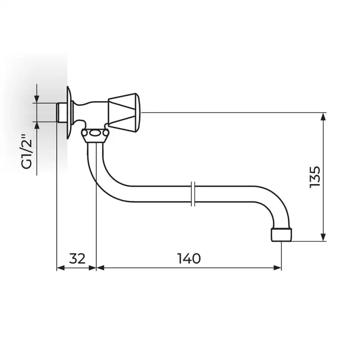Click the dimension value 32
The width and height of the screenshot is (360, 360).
click(x=77, y=258)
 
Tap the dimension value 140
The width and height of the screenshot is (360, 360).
click(x=189, y=258)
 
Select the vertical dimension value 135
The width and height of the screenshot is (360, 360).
click(x=315, y=177)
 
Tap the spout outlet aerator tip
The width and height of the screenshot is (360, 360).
click(x=282, y=234)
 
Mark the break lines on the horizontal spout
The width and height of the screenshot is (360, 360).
click(x=193, y=194)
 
